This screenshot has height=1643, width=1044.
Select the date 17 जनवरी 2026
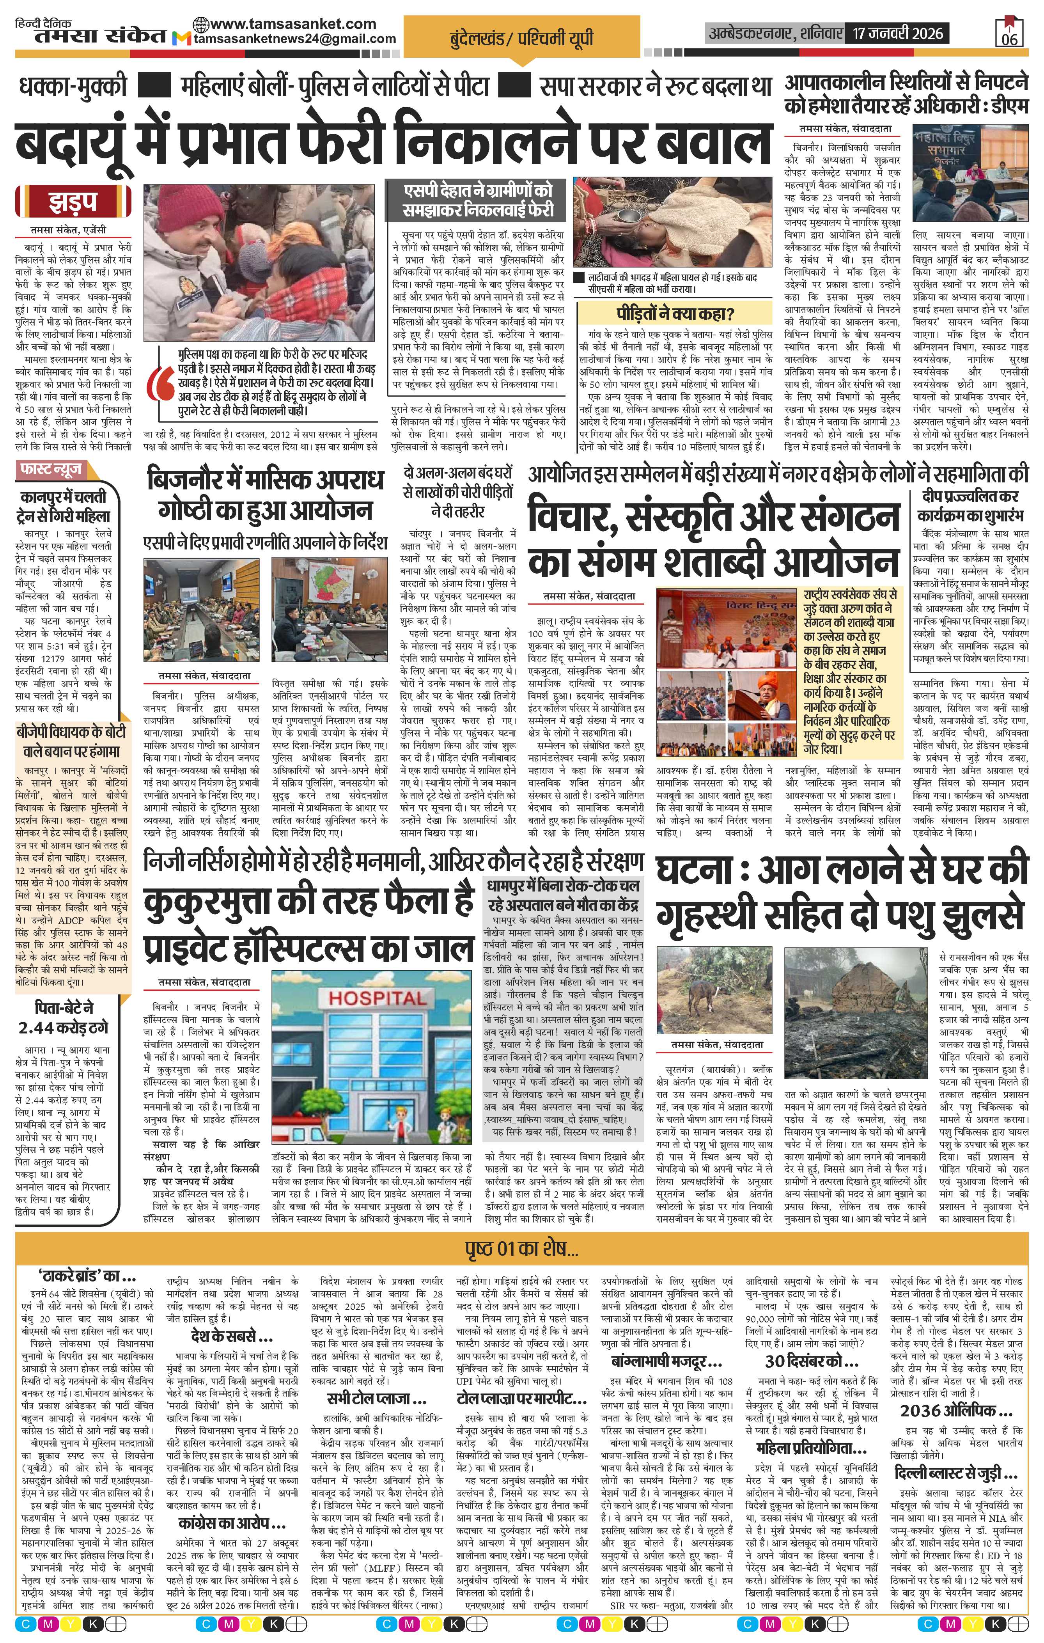click(x=895, y=33)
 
